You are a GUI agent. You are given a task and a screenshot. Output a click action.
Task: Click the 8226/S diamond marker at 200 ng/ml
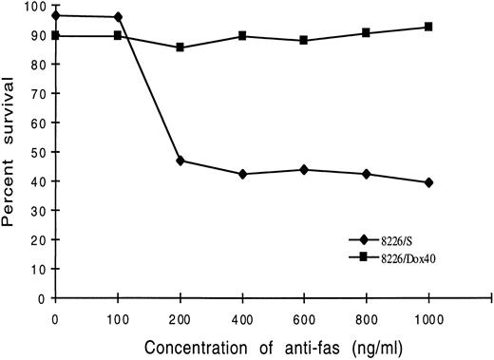[x=180, y=161]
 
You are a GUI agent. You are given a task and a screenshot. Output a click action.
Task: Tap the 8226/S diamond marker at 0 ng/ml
[x=56, y=15]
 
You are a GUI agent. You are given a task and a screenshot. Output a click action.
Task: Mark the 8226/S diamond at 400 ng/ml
[x=243, y=174]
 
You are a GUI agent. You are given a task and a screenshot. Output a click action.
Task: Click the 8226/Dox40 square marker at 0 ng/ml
[x=56, y=35]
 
